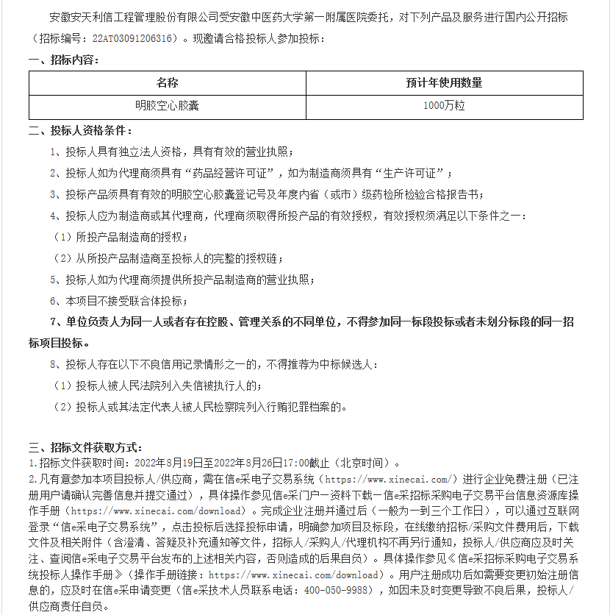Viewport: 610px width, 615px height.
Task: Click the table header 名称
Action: pyautogui.click(x=167, y=83)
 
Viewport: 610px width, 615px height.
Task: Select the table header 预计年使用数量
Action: pyautogui.click(x=444, y=83)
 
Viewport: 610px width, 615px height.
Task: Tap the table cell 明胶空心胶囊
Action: pyautogui.click(x=167, y=106)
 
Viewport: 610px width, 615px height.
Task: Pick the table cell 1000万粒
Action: pyautogui.click(x=444, y=106)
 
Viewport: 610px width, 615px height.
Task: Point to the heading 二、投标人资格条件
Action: pyautogui.click(x=80, y=131)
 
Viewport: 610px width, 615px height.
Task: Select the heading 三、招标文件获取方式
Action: pyautogui.click(x=85, y=447)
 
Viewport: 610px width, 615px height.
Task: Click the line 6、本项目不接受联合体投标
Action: pyautogui.click(x=118, y=301)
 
